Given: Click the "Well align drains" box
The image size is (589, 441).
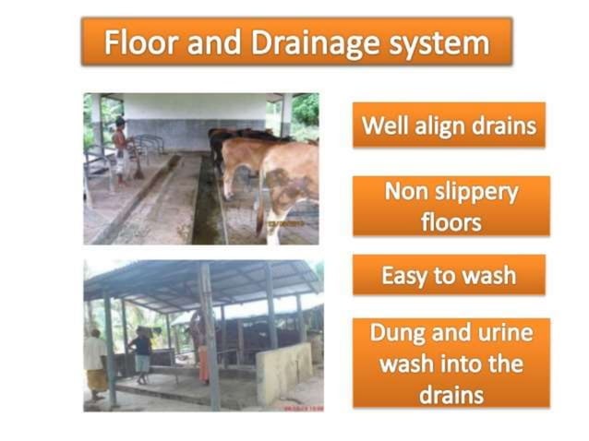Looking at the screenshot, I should click(x=449, y=125).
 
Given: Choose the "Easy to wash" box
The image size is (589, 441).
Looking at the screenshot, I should click(x=449, y=275).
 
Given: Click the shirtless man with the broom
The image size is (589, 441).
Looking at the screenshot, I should click(x=121, y=148).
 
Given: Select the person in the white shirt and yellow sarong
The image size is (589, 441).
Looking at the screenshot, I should click(x=95, y=364).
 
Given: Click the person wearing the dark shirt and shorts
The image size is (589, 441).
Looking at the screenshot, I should click(x=142, y=355).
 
